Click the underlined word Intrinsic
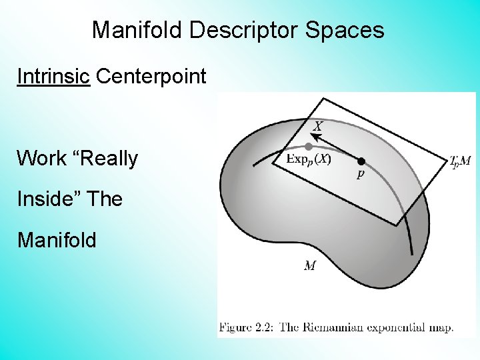(x=53, y=77)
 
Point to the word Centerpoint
(x=151, y=77)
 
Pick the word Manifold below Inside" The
(x=57, y=239)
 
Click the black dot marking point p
(x=361, y=161)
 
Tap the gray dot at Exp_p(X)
(x=309, y=146)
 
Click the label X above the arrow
(x=319, y=125)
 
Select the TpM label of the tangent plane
(x=460, y=161)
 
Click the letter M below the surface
(x=310, y=266)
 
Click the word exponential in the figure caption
(x=386, y=327)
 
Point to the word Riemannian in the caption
(x=325, y=327)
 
